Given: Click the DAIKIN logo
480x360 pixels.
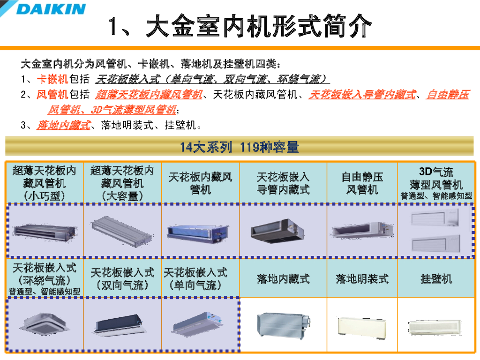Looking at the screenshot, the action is point(51,9).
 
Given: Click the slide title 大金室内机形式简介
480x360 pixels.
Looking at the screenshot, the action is point(240,26).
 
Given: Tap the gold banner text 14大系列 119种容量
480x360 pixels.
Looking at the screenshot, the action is point(239,147).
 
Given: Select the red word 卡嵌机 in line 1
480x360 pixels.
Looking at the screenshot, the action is point(52,79).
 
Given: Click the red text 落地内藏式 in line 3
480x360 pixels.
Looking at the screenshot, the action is point(64,125).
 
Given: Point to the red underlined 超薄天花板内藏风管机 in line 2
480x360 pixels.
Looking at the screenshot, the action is point(149,95).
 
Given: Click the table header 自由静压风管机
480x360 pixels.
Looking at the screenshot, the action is point(362,183).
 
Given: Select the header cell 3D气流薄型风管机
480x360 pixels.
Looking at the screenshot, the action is point(436,183).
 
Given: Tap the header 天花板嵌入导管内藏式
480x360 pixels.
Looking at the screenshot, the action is point(283,183).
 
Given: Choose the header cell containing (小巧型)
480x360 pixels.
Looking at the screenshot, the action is point(45,183).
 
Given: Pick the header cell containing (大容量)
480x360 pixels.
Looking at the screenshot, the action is point(122,183).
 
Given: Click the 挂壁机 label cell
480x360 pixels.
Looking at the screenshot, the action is point(436,279).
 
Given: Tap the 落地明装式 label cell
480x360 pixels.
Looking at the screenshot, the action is point(362,279).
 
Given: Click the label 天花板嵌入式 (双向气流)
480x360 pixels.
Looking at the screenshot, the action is point(122,278).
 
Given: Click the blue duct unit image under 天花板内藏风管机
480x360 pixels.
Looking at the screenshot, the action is point(198,233).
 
